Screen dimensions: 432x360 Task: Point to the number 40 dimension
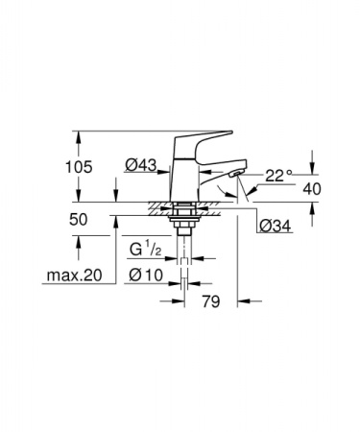(x=312, y=189)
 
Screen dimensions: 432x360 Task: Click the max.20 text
(x=74, y=276)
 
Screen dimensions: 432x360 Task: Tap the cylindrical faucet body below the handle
(x=184, y=173)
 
